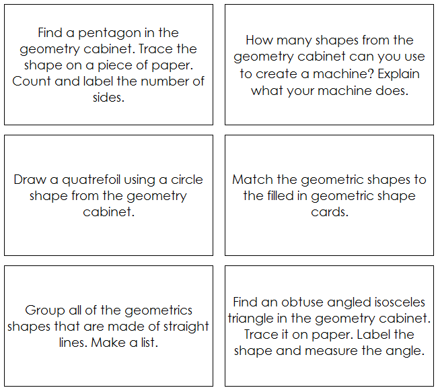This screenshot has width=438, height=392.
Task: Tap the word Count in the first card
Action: pyautogui.click(x=30, y=81)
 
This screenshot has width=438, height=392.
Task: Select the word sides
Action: pyautogui.click(x=108, y=98)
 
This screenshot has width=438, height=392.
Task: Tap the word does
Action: pyautogui.click(x=392, y=90)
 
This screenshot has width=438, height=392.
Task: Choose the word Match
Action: pyautogui.click(x=250, y=180)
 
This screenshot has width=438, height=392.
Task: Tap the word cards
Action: pyautogui.click(x=329, y=212)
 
